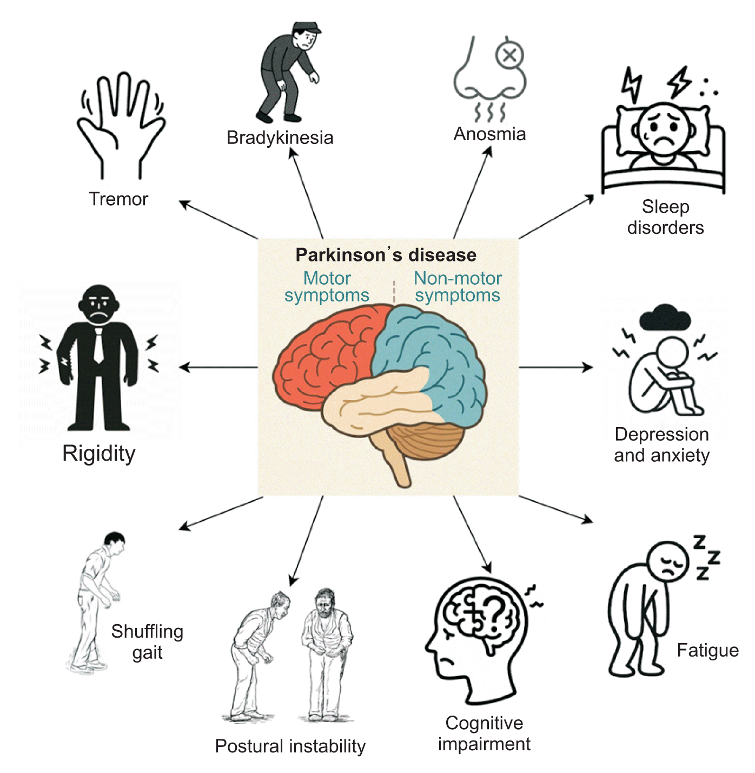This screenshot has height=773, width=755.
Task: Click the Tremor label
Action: pyautogui.click(x=118, y=199)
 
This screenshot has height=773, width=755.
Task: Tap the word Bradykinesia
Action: pyautogui.click(x=280, y=137)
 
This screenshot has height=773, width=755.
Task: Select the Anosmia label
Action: pyautogui.click(x=489, y=134)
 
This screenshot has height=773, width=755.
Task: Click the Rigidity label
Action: pyautogui.click(x=99, y=454)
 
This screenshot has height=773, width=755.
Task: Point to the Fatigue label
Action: pyautogui.click(x=707, y=650)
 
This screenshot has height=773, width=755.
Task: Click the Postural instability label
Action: pyautogui.click(x=290, y=746)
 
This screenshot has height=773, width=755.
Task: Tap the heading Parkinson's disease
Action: pyautogui.click(x=386, y=254)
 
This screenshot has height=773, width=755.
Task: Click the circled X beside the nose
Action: pyautogui.click(x=509, y=55)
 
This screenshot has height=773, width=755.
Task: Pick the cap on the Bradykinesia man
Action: pyautogui.click(x=307, y=28)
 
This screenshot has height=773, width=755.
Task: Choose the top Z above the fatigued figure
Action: pyautogui.click(x=700, y=541)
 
